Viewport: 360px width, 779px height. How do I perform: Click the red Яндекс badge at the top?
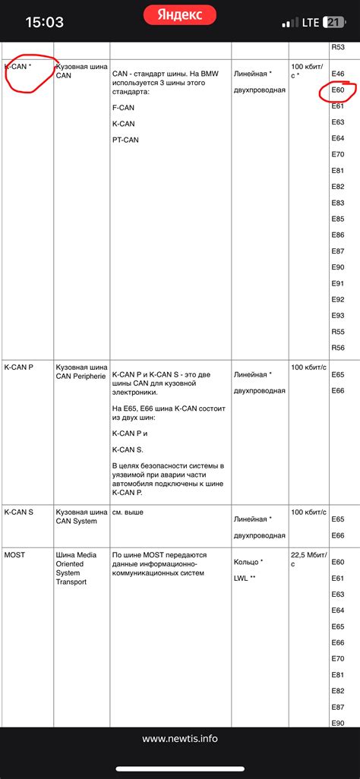pyautogui.click(x=179, y=14)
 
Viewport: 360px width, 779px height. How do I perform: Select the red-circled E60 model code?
pyautogui.click(x=339, y=90)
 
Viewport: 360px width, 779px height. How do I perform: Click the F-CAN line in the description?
pyautogui.click(x=122, y=107)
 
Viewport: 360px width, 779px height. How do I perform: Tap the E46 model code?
pyautogui.click(x=339, y=74)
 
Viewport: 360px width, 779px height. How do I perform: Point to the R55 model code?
pyautogui.click(x=339, y=332)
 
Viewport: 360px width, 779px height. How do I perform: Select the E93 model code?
pyautogui.click(x=339, y=315)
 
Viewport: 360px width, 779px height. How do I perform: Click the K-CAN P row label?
pyautogui.click(x=19, y=367)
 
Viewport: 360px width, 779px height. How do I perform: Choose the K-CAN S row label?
pyautogui.click(x=19, y=512)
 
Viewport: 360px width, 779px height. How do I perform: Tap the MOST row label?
pyautogui.click(x=14, y=555)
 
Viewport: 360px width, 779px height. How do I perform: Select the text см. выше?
pyautogui.click(x=128, y=512)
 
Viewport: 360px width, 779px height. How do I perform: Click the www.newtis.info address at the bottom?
pyautogui.click(x=179, y=738)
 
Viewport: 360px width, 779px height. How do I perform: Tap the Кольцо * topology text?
pyautogui.click(x=248, y=563)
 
